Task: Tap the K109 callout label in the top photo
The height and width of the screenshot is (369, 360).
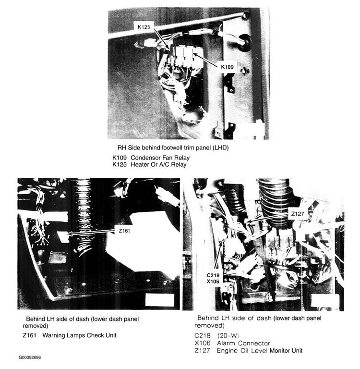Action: click(228, 67)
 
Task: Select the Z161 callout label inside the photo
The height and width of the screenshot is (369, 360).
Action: click(124, 231)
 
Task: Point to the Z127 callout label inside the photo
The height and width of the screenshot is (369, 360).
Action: click(298, 213)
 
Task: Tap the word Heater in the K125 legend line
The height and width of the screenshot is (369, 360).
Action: click(141, 164)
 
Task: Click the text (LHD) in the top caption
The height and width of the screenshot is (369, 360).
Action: click(218, 148)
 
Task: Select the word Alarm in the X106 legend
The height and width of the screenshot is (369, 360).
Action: click(228, 343)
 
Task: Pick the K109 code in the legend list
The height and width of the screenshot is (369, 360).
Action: click(120, 158)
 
